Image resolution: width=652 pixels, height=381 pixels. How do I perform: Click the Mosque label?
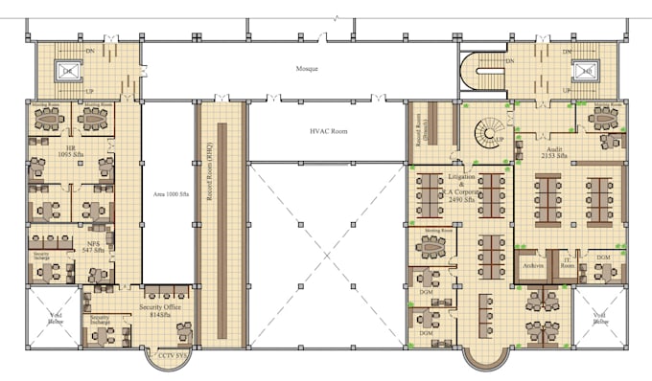[x=307, y=69]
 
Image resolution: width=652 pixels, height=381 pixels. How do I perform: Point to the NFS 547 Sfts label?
[x=93, y=246]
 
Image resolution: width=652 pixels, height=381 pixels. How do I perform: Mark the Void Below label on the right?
[x=600, y=319]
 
